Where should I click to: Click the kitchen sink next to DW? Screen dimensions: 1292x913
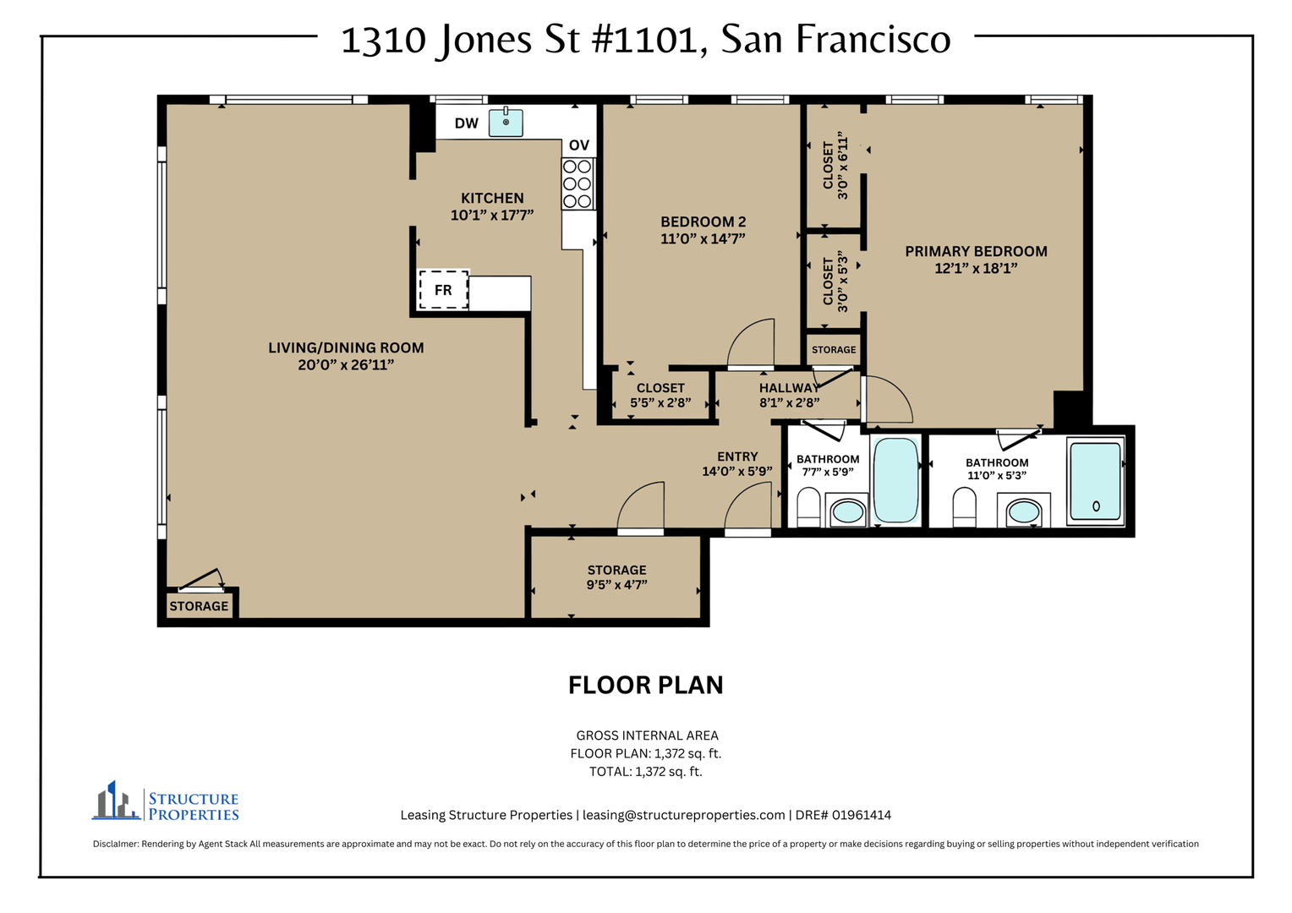coord(506,123)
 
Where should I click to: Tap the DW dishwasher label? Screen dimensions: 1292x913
coord(466,123)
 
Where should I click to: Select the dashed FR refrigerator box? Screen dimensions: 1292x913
coord(443,289)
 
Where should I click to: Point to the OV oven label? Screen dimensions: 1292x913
coord(579,145)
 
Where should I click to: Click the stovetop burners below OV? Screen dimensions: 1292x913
coord(578,184)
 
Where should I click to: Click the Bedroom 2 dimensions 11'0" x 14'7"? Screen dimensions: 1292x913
coord(703,238)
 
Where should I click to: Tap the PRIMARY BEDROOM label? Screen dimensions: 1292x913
coord(976,251)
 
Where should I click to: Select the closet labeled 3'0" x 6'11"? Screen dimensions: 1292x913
coord(835,167)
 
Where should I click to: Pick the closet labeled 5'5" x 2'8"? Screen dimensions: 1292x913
coord(660,396)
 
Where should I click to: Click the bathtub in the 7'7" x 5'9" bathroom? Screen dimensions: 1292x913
coord(895,481)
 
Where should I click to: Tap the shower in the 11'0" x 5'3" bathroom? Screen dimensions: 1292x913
coord(1095,481)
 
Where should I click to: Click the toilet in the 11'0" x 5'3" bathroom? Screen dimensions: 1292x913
coord(965,507)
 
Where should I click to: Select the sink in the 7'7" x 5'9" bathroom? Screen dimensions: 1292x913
coord(848,511)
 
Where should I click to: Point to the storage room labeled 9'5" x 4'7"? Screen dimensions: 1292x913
coord(616,577)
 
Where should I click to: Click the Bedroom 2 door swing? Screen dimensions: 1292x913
coord(750,343)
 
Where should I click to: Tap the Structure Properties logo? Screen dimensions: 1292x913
coord(166,801)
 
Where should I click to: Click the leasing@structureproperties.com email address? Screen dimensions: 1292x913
coord(683,815)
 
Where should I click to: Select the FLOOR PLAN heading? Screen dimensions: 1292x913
coord(645,686)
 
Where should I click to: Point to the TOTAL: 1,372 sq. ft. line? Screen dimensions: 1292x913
coord(645,772)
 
